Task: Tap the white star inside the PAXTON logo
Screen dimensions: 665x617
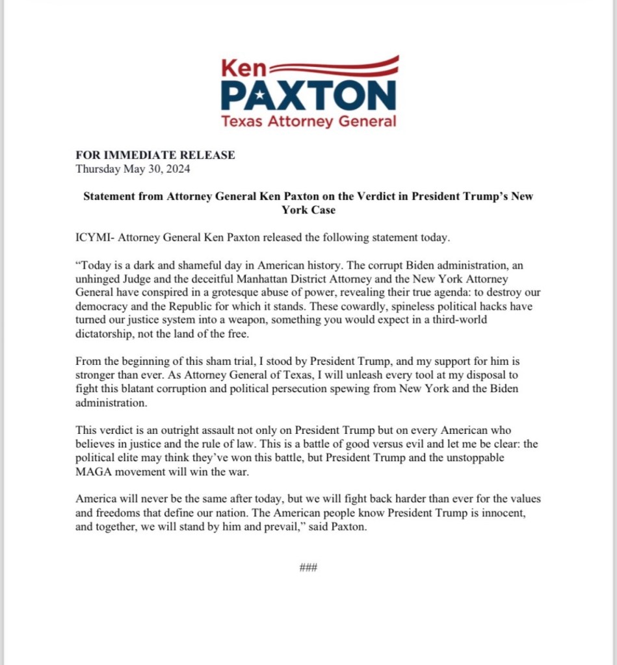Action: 260,96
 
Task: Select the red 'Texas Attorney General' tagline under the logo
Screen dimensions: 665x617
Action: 308,121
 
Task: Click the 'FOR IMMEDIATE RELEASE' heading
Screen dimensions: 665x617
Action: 155,155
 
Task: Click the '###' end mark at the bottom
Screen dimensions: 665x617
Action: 308,567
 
